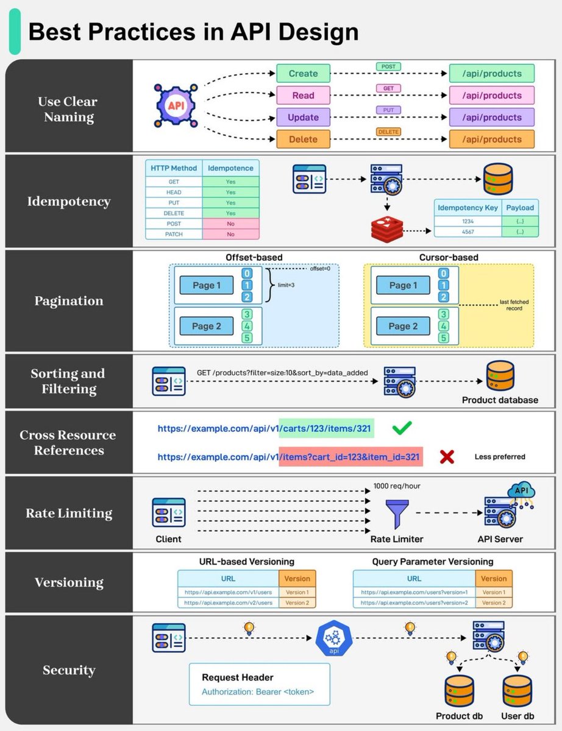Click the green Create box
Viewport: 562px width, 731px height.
click(303, 73)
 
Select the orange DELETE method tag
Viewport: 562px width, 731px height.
click(388, 132)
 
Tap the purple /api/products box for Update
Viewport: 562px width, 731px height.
click(491, 117)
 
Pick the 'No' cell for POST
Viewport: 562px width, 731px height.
click(230, 224)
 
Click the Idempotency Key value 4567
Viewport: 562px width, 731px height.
click(468, 231)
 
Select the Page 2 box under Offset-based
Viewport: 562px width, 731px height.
click(206, 326)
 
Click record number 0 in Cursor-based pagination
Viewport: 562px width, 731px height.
click(444, 274)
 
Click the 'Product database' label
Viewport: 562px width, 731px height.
click(500, 400)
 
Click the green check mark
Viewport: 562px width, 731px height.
click(401, 428)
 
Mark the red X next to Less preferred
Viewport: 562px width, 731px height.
click(447, 456)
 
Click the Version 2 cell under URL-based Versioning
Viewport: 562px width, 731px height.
click(297, 602)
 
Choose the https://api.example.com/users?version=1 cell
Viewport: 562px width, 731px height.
click(414, 592)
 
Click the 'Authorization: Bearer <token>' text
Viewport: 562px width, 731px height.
click(257, 692)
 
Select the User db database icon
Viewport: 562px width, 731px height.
click(517, 691)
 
